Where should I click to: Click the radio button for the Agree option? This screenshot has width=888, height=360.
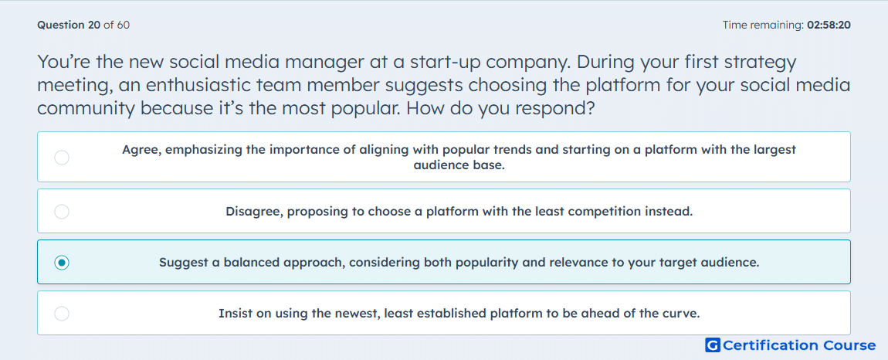[62, 158]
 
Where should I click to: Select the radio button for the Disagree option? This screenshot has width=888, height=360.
[62, 212]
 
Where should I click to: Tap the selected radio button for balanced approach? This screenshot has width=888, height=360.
[62, 263]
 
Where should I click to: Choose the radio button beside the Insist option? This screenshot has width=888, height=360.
[62, 314]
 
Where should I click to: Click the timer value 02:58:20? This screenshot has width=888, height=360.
[829, 25]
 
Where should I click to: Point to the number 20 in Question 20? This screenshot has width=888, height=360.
[94, 25]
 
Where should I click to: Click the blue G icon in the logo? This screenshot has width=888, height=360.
[713, 345]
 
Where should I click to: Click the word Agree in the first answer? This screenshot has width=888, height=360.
[141, 150]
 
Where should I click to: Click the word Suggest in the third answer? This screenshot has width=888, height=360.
[183, 263]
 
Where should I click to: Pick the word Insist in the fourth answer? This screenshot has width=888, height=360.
[235, 314]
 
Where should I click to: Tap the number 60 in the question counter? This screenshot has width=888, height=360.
[123, 25]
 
